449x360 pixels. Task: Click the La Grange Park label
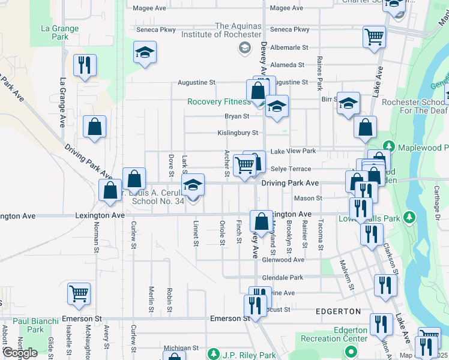[59, 32]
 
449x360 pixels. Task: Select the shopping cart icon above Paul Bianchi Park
[79, 293]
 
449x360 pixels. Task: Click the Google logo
[20, 353]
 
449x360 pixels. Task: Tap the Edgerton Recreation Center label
[351, 334]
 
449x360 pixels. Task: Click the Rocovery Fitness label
[219, 101]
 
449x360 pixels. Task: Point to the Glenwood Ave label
[283, 260]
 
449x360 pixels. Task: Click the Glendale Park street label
[283, 278]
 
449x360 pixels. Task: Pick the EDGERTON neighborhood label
[338, 311]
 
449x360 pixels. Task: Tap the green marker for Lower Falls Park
[410, 216]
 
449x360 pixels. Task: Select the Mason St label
[308, 198]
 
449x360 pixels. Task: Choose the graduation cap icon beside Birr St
[348, 104]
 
